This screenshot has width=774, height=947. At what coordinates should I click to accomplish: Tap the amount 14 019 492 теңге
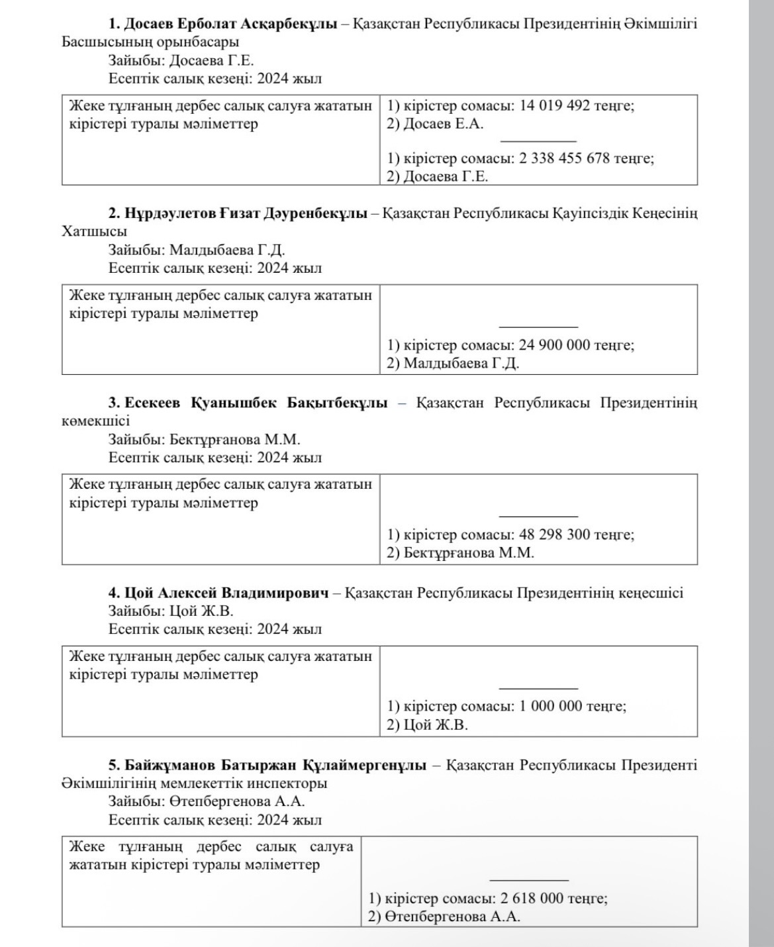tap(576, 106)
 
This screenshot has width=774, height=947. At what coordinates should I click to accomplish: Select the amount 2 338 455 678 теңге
tap(587, 159)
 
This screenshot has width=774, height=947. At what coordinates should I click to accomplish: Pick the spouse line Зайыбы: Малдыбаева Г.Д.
tap(197, 250)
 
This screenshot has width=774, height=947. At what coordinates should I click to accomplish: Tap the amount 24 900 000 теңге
tap(576, 345)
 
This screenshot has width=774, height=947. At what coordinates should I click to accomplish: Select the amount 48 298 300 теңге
tap(576, 534)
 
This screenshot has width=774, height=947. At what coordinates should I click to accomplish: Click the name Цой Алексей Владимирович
tap(218, 593)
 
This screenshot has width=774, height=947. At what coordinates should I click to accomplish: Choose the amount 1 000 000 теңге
tap(573, 707)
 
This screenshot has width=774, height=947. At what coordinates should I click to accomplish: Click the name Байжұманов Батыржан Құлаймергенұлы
tap(267, 766)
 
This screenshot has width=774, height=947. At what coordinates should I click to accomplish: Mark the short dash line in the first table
tap(538, 141)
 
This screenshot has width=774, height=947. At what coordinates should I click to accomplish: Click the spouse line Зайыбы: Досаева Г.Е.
tap(181, 61)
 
